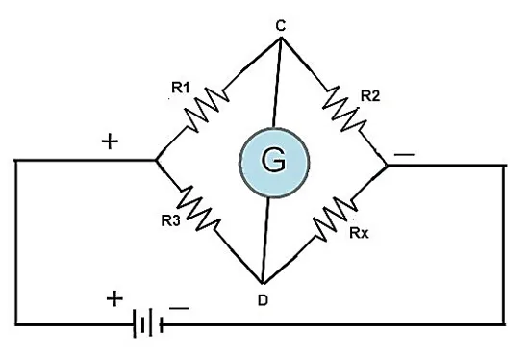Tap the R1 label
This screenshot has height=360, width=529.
(x=181, y=88)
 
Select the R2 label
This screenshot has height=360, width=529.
(x=370, y=96)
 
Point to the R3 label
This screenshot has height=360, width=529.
(x=170, y=220)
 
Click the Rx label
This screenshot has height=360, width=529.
(x=359, y=233)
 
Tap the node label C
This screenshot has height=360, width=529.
(x=280, y=26)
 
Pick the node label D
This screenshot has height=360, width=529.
(x=263, y=300)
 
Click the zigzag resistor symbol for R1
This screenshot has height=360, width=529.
(x=208, y=110)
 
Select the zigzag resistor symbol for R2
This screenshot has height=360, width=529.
(x=344, y=109)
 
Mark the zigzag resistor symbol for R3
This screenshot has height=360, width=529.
(x=199, y=208)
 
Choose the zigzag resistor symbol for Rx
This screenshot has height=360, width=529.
(x=335, y=219)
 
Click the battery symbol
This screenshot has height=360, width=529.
(x=148, y=323)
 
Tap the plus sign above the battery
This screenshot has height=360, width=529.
(x=114, y=298)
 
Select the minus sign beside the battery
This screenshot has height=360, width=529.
(x=179, y=308)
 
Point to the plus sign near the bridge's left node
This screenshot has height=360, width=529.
(x=110, y=141)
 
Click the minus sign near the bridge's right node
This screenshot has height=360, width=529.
(x=404, y=155)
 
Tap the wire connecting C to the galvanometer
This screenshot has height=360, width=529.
(x=277, y=83)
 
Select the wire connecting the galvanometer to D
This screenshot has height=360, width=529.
(x=265, y=240)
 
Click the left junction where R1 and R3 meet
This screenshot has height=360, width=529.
(x=156, y=160)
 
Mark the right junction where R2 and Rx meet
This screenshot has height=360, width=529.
(x=388, y=166)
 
